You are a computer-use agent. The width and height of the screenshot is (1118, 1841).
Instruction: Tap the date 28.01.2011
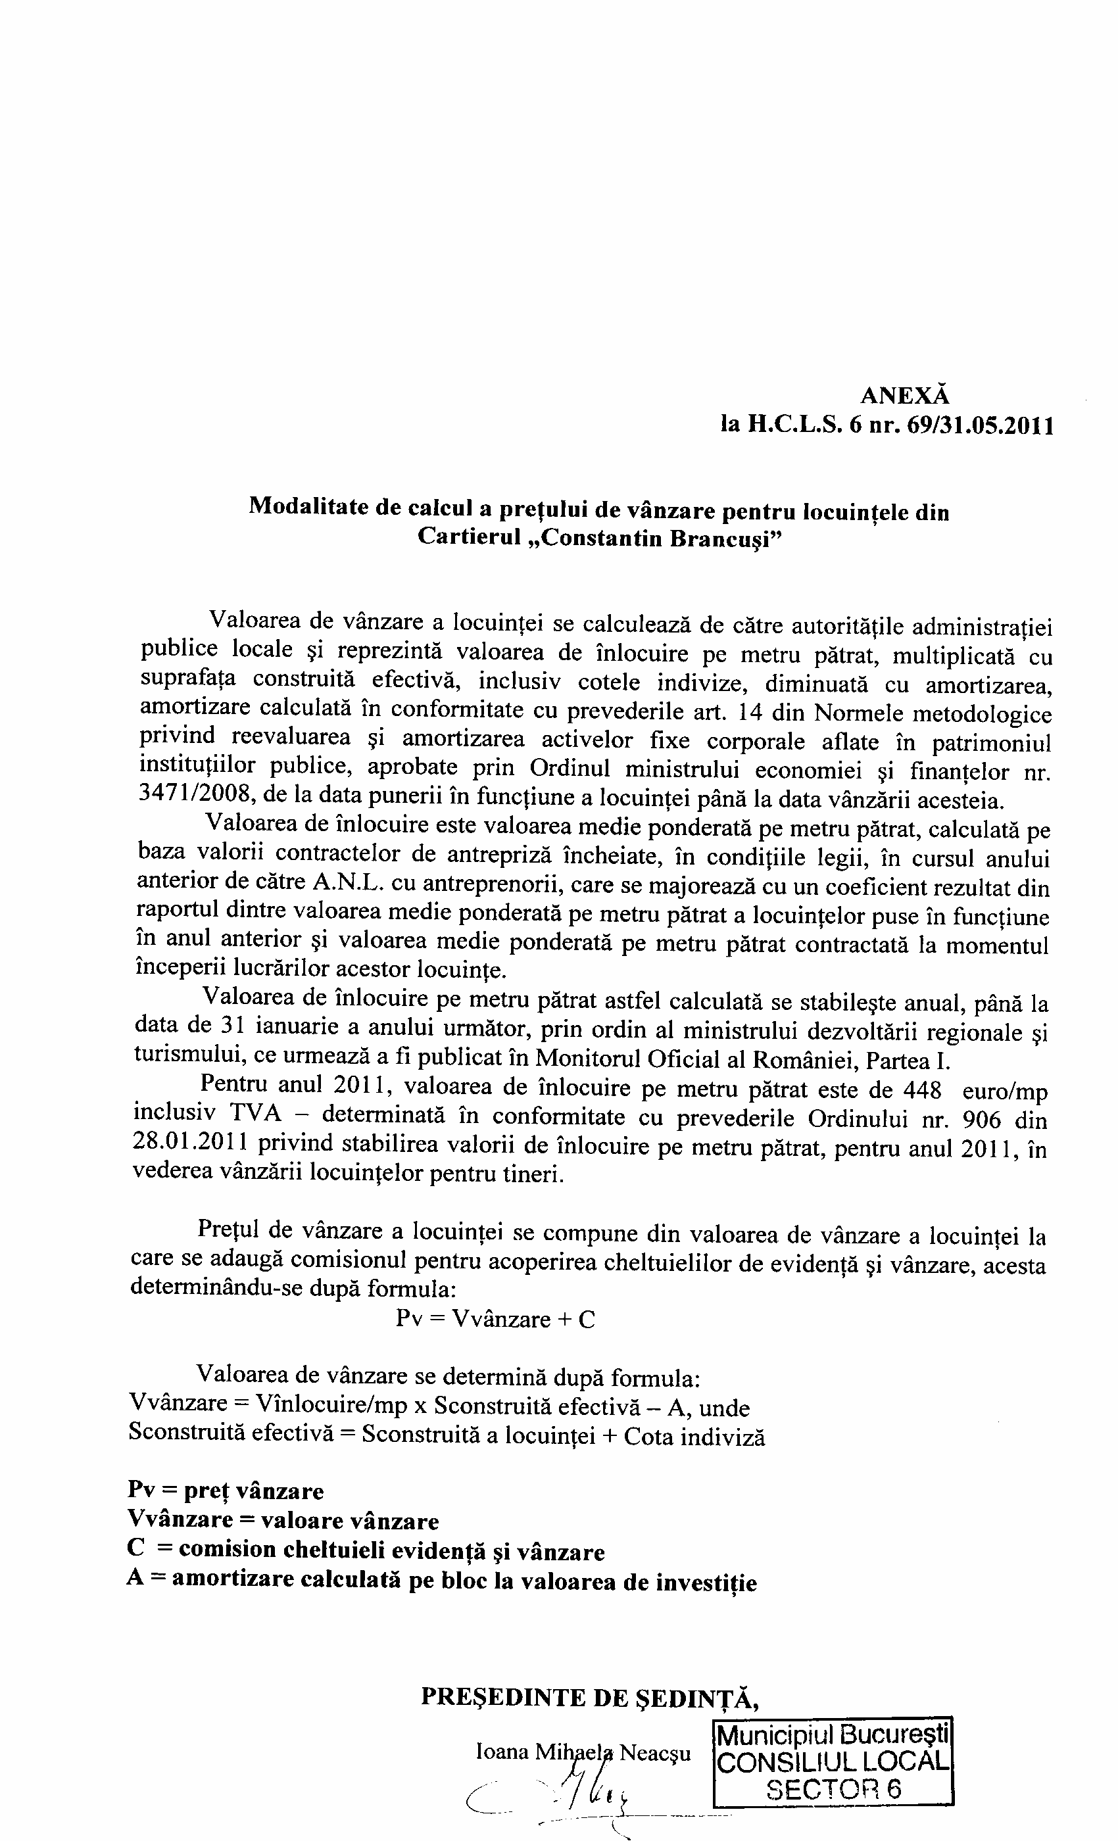tap(190, 1145)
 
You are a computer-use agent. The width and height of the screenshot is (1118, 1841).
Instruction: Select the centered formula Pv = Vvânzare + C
tap(495, 1319)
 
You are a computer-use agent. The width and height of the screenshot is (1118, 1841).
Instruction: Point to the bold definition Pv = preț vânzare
tap(226, 1491)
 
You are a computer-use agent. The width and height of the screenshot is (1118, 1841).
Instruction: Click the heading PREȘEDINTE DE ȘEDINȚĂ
tap(591, 1692)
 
